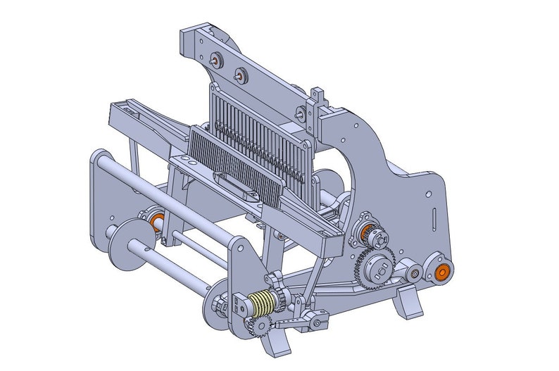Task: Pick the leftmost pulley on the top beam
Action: pos(214,61)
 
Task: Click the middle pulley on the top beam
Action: pos(239,73)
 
